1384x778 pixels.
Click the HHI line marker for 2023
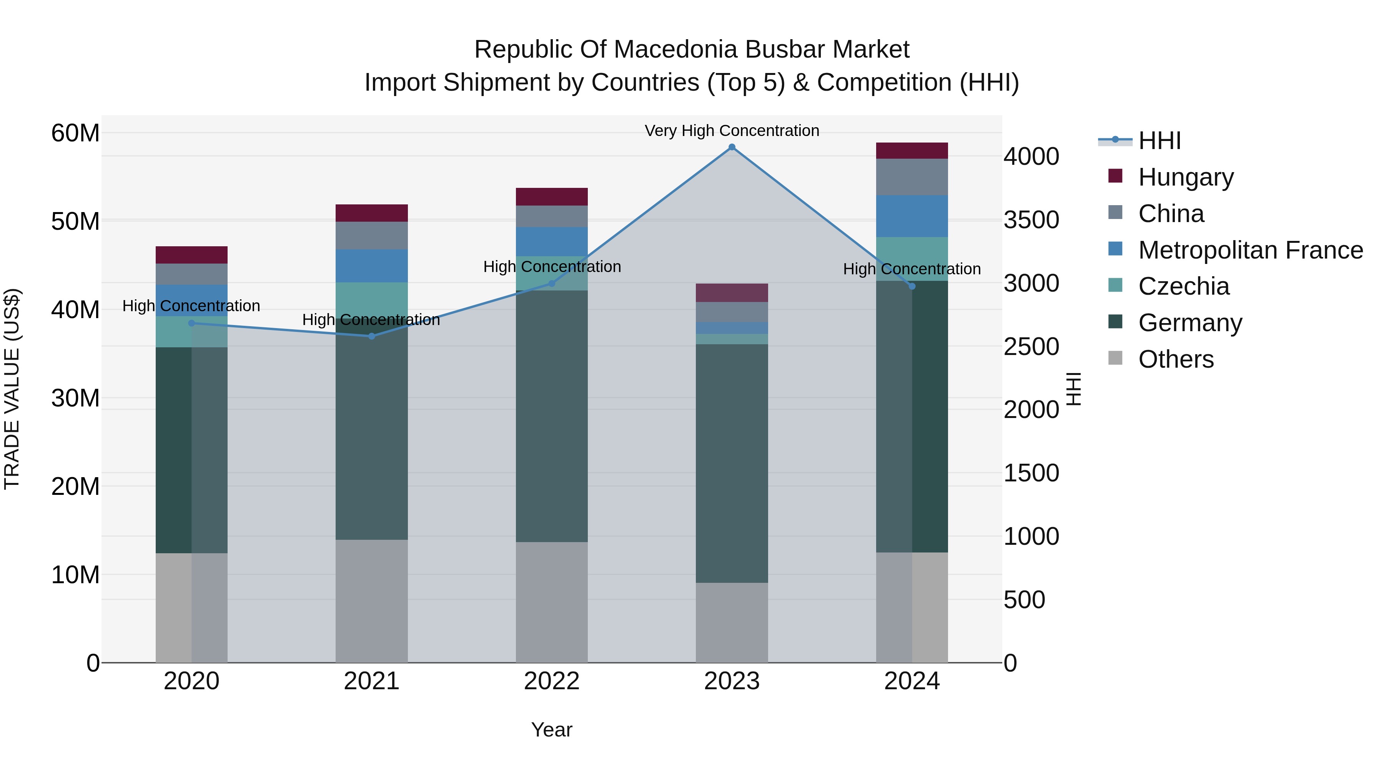(x=732, y=147)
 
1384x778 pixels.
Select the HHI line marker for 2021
(x=371, y=336)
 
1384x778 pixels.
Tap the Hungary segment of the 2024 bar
(x=912, y=151)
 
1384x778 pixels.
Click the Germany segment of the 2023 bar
(x=732, y=463)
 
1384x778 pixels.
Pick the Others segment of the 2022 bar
(x=552, y=602)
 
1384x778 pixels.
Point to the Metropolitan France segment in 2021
(x=371, y=266)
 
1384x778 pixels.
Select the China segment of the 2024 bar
(x=912, y=177)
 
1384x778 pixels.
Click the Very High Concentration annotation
(x=732, y=131)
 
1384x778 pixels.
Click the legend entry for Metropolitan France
(x=1250, y=250)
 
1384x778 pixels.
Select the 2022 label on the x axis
(x=552, y=681)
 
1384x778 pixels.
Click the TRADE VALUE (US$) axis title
(x=12, y=389)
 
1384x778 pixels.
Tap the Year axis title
(x=552, y=730)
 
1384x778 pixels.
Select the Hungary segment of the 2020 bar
(x=191, y=254)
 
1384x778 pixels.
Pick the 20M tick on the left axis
(x=75, y=486)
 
